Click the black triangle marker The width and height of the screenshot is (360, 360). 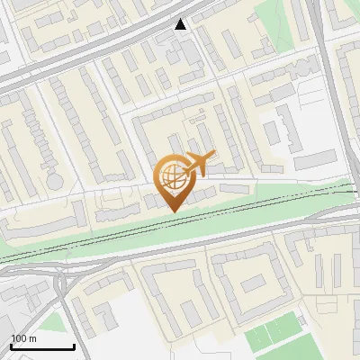181,24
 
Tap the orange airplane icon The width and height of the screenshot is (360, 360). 199,163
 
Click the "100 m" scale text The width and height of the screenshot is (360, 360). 24,338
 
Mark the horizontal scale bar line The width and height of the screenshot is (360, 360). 42,346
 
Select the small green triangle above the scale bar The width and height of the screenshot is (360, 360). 54,322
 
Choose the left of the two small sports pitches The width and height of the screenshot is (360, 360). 259,337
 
